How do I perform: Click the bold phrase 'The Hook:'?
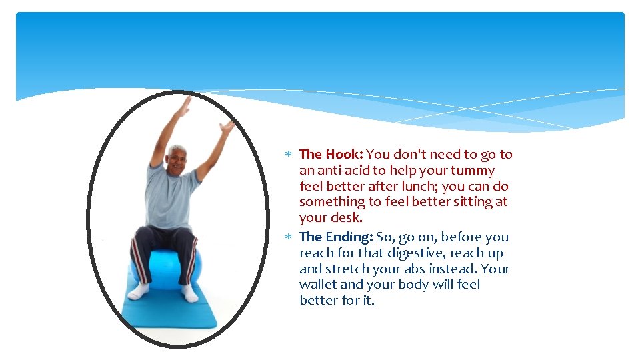coord(331,155)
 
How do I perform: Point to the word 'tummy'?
coord(473,171)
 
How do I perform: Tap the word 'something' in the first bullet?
coord(331,202)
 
